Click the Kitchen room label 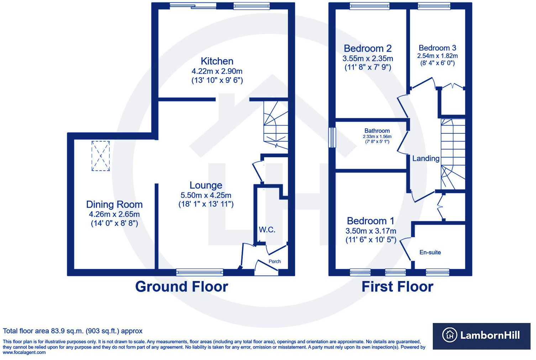point(217,61)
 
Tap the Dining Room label point(114,205)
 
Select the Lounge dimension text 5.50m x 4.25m point(206,195)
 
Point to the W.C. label point(267,230)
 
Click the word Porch point(274,261)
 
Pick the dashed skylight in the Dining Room point(101,156)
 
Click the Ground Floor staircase point(275,126)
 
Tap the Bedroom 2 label point(368,48)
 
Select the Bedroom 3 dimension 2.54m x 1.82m point(437,56)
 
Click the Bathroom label point(377,131)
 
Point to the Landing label point(426,159)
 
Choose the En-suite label point(430,253)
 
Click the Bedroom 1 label point(371,221)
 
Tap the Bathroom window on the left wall point(332,137)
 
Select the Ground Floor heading point(182,287)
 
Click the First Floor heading point(397,287)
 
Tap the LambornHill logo point(482,335)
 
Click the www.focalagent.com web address point(24,353)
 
